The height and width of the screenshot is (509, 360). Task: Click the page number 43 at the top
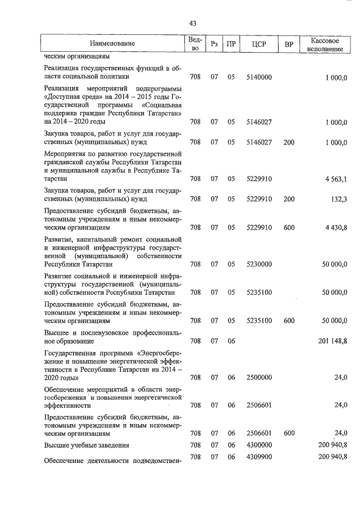pos(193,23)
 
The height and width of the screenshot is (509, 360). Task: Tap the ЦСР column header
pos(259,44)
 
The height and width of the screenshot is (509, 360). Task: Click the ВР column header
pos(289,44)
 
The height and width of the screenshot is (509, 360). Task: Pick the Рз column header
pos(214,44)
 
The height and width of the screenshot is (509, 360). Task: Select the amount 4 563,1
pos(336,179)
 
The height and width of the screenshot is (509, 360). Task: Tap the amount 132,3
pos(339,199)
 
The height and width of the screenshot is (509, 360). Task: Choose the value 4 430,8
pos(336,228)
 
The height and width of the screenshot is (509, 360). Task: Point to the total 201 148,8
pos(334,340)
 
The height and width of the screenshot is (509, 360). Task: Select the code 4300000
pos(259,445)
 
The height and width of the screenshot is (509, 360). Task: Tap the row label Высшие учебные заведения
pos(87,445)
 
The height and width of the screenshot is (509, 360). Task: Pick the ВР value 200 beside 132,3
pos(289,199)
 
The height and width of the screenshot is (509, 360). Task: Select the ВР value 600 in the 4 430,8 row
pos(289,228)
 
